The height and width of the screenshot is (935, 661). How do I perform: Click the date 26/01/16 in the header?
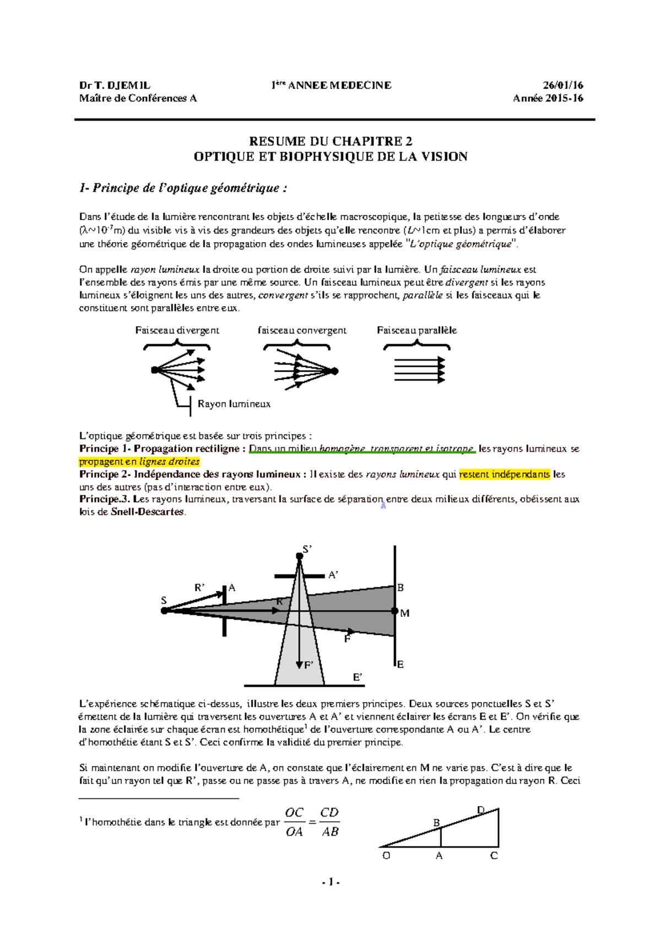(563, 85)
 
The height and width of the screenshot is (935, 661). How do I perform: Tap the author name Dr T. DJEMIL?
(115, 85)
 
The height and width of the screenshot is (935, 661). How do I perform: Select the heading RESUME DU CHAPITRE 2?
(330, 142)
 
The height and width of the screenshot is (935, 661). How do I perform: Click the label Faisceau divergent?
(177, 330)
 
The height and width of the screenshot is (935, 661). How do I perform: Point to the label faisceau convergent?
(302, 330)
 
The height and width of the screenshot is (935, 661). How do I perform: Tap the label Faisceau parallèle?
(416, 330)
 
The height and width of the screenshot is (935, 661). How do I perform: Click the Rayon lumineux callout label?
(234, 404)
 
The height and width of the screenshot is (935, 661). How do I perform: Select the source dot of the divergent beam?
(155, 370)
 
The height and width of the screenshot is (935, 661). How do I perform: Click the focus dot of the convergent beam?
(334, 371)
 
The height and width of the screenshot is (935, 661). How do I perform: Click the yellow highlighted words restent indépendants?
(504, 474)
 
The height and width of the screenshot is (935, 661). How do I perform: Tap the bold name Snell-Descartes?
(147, 512)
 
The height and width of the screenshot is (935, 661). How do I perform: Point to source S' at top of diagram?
(300, 556)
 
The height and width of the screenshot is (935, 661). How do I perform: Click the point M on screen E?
(395, 611)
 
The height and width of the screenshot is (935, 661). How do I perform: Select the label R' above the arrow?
(199, 588)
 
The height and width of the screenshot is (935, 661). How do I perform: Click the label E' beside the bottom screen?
(357, 677)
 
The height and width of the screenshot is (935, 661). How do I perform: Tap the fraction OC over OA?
(294, 822)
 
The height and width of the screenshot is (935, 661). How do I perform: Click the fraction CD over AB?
(329, 822)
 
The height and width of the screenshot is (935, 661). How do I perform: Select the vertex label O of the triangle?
(386, 856)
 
